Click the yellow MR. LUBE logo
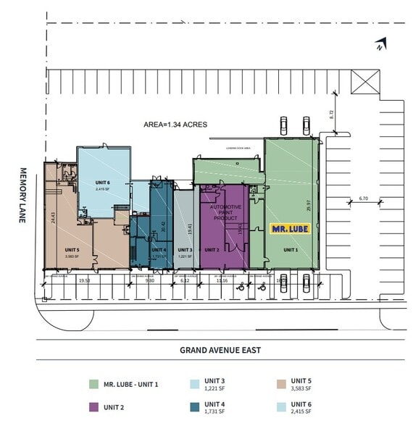(290, 229)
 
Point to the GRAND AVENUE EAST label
(220, 350)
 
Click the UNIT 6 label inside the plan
(102, 183)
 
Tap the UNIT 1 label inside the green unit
(290, 249)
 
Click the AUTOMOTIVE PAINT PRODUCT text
(225, 212)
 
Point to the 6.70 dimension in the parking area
(363, 198)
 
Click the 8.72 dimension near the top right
(331, 114)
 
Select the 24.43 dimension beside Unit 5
(52, 216)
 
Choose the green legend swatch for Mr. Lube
(93, 384)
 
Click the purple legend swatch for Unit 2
(93, 406)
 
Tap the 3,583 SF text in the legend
(301, 389)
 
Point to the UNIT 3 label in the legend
(216, 380)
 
